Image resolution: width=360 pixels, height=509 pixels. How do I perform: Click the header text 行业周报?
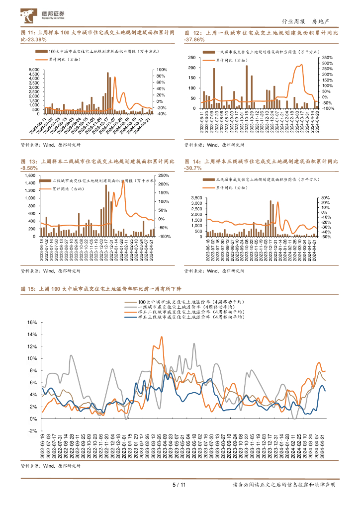click(x=292, y=21)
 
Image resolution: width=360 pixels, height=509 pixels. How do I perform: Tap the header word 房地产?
click(x=321, y=21)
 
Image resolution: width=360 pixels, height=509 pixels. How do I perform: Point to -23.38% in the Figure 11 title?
click(x=33, y=39)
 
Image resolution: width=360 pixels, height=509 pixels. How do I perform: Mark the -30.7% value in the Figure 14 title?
click(x=193, y=169)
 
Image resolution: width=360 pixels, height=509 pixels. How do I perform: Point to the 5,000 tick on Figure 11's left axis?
click(x=34, y=69)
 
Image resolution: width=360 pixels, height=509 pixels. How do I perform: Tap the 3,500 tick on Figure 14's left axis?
click(x=196, y=198)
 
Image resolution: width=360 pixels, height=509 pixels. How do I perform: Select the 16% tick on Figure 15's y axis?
click(x=31, y=322)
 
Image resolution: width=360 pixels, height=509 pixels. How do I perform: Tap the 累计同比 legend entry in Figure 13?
click(x=70, y=189)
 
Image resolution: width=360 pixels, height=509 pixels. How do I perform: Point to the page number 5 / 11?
click(x=179, y=485)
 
